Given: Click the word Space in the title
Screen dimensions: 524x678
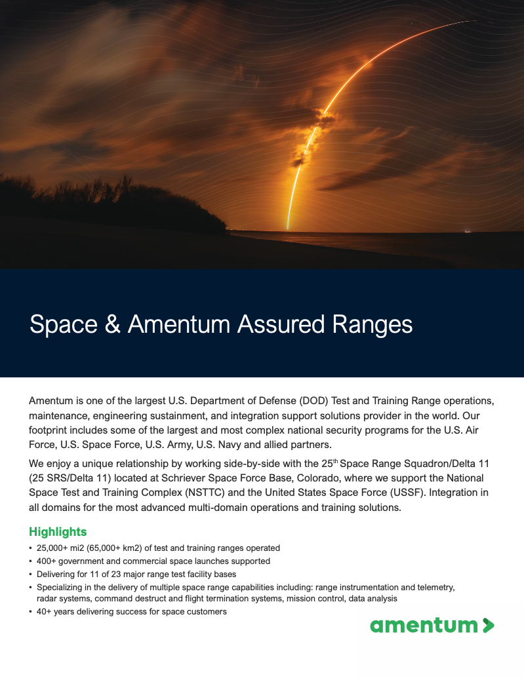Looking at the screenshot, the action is pos(62,324).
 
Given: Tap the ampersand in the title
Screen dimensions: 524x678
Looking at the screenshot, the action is pos(110,324).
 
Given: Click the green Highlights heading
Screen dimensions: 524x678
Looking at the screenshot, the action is pos(58,532).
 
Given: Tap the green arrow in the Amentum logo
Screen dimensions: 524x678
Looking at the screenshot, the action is pos(488,626).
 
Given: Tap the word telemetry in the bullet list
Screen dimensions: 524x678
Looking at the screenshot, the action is pos(433,587).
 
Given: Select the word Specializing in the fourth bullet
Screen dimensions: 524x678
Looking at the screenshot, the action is pos(61,587).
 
